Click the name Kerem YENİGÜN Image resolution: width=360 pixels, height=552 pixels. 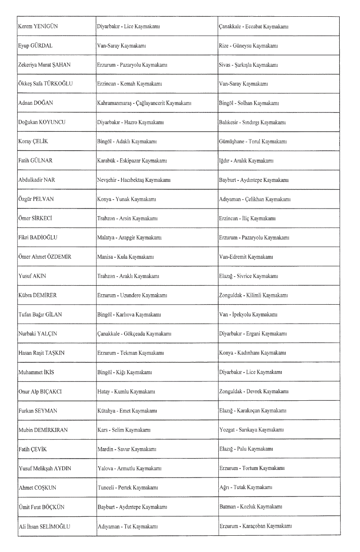pyautogui.click(x=35, y=27)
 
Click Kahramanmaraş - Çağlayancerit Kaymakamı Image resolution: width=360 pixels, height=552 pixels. pyautogui.click(x=142, y=103)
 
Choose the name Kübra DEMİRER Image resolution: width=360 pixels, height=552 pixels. pyautogui.click(x=34, y=295)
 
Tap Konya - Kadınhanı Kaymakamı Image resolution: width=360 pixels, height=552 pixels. pyautogui.click(x=251, y=353)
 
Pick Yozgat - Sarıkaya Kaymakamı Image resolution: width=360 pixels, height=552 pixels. pyautogui.click(x=251, y=430)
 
